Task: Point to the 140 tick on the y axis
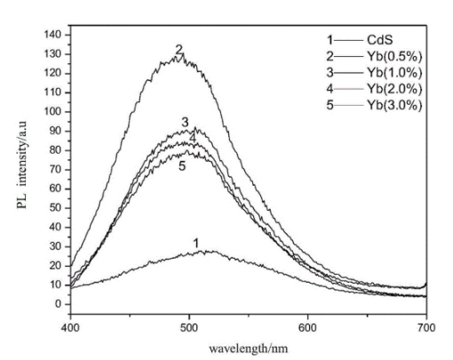click(x=54, y=34)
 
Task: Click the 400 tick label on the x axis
click(x=70, y=318)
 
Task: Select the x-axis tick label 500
click(x=189, y=318)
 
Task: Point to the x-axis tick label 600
click(x=308, y=318)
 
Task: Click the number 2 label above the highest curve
click(x=179, y=49)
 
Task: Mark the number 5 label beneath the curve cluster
click(x=182, y=165)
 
